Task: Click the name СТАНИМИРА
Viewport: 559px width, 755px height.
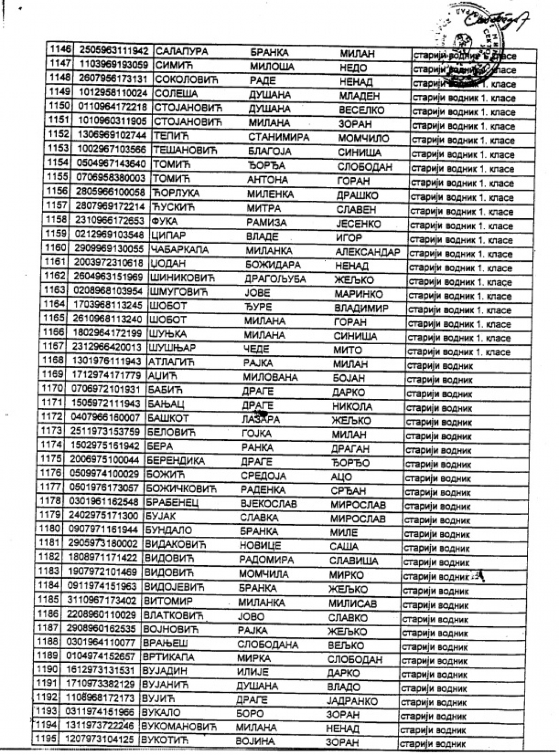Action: coord(278,137)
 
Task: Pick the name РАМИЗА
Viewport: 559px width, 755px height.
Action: coord(266,223)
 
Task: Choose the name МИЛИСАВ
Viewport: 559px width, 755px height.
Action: coord(352,603)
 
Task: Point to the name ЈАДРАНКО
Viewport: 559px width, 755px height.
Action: coord(352,701)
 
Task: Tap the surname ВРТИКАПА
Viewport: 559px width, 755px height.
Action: coord(168,657)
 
